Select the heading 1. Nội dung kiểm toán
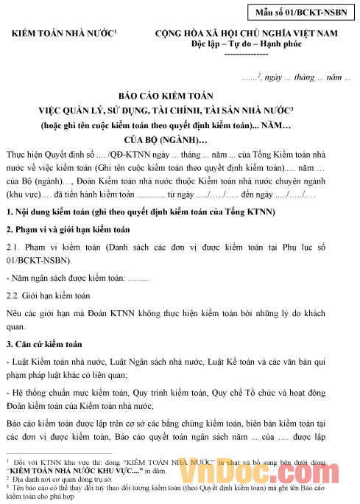point(140,212)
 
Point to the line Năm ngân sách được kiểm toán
point(74,279)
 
